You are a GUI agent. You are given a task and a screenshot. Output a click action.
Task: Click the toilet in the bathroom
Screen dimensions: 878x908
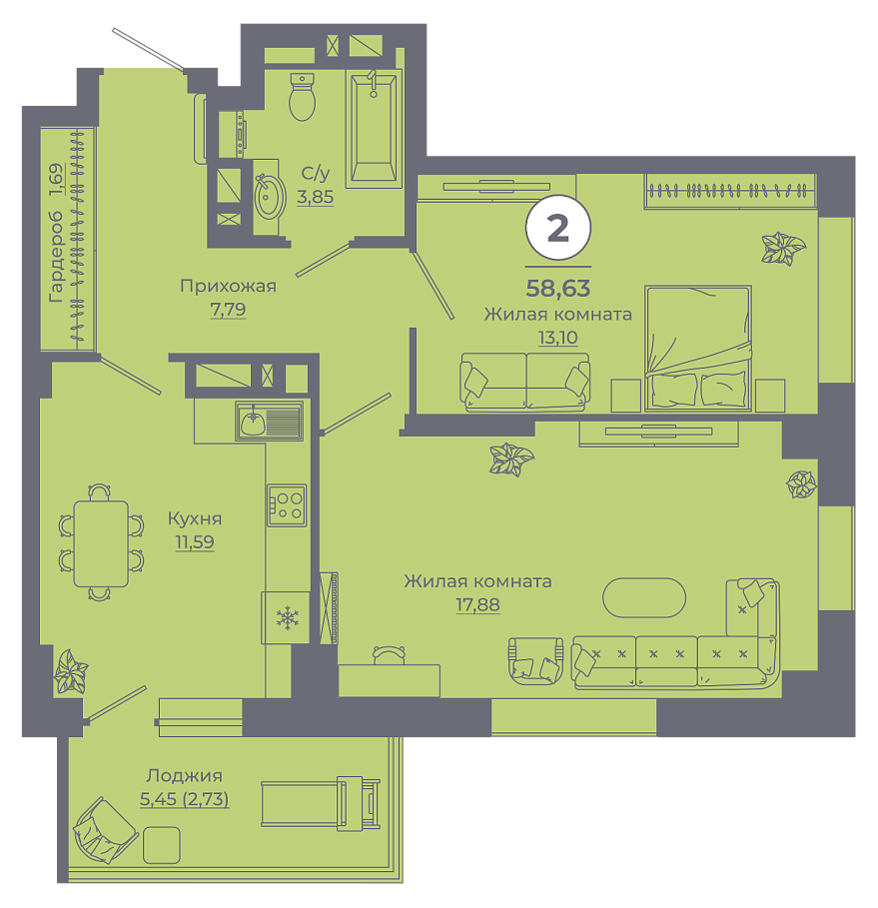coord(302,97)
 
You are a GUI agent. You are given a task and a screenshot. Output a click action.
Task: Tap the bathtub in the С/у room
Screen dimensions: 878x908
coord(374,128)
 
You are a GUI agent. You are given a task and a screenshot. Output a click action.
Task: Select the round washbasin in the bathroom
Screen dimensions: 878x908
coord(270,197)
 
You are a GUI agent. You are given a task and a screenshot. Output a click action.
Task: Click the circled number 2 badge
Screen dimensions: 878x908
coord(557,229)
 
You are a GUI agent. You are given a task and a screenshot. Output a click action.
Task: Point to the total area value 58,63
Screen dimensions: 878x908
coord(557,288)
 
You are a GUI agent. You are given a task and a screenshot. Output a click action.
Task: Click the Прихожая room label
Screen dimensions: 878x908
coord(228,286)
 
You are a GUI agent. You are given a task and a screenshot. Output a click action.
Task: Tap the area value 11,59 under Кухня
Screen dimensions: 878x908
coord(195,542)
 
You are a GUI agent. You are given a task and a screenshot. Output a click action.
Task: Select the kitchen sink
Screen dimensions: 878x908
coord(270,421)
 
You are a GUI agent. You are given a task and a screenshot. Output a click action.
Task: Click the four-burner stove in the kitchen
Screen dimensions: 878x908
coord(286,505)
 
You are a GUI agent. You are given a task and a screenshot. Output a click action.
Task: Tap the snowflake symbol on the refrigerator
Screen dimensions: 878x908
coord(287,618)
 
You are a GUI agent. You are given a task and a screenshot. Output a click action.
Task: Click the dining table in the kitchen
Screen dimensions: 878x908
coord(101,543)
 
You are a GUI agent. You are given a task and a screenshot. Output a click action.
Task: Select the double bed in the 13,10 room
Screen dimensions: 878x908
coord(698,348)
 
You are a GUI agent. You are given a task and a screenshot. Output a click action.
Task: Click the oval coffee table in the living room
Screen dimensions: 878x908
coord(644,597)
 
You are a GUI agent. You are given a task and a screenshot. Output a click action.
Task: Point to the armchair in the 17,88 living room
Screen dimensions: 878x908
coord(535,660)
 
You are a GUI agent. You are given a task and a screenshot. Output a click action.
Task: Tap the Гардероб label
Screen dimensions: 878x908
coord(56,233)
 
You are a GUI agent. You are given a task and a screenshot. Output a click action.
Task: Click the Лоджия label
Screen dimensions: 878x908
coord(184,775)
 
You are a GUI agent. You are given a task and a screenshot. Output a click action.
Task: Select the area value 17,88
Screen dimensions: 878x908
coord(477,604)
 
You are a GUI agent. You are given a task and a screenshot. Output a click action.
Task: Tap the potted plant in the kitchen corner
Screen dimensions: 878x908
coord(71,671)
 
